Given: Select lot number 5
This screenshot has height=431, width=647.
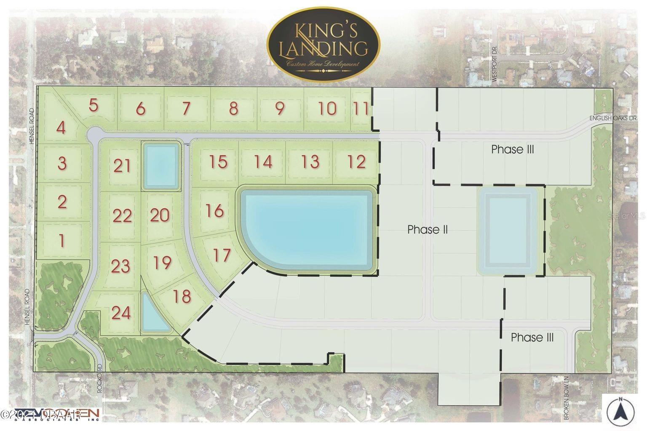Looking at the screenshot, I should pyautogui.click(x=94, y=105).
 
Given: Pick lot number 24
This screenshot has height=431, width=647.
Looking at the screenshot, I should pyautogui.click(x=121, y=313).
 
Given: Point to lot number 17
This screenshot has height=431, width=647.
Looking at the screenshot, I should pyautogui.click(x=222, y=255).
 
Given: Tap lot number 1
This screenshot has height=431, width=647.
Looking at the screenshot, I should pyautogui.click(x=62, y=241).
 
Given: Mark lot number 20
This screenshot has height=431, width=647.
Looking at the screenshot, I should pyautogui.click(x=160, y=215).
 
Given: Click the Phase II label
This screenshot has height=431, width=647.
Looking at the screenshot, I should pyautogui.click(x=427, y=230).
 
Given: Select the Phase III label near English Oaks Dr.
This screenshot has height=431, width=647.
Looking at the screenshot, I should pyautogui.click(x=513, y=149).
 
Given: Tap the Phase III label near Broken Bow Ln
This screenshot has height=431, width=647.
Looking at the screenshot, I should pyautogui.click(x=532, y=338).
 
